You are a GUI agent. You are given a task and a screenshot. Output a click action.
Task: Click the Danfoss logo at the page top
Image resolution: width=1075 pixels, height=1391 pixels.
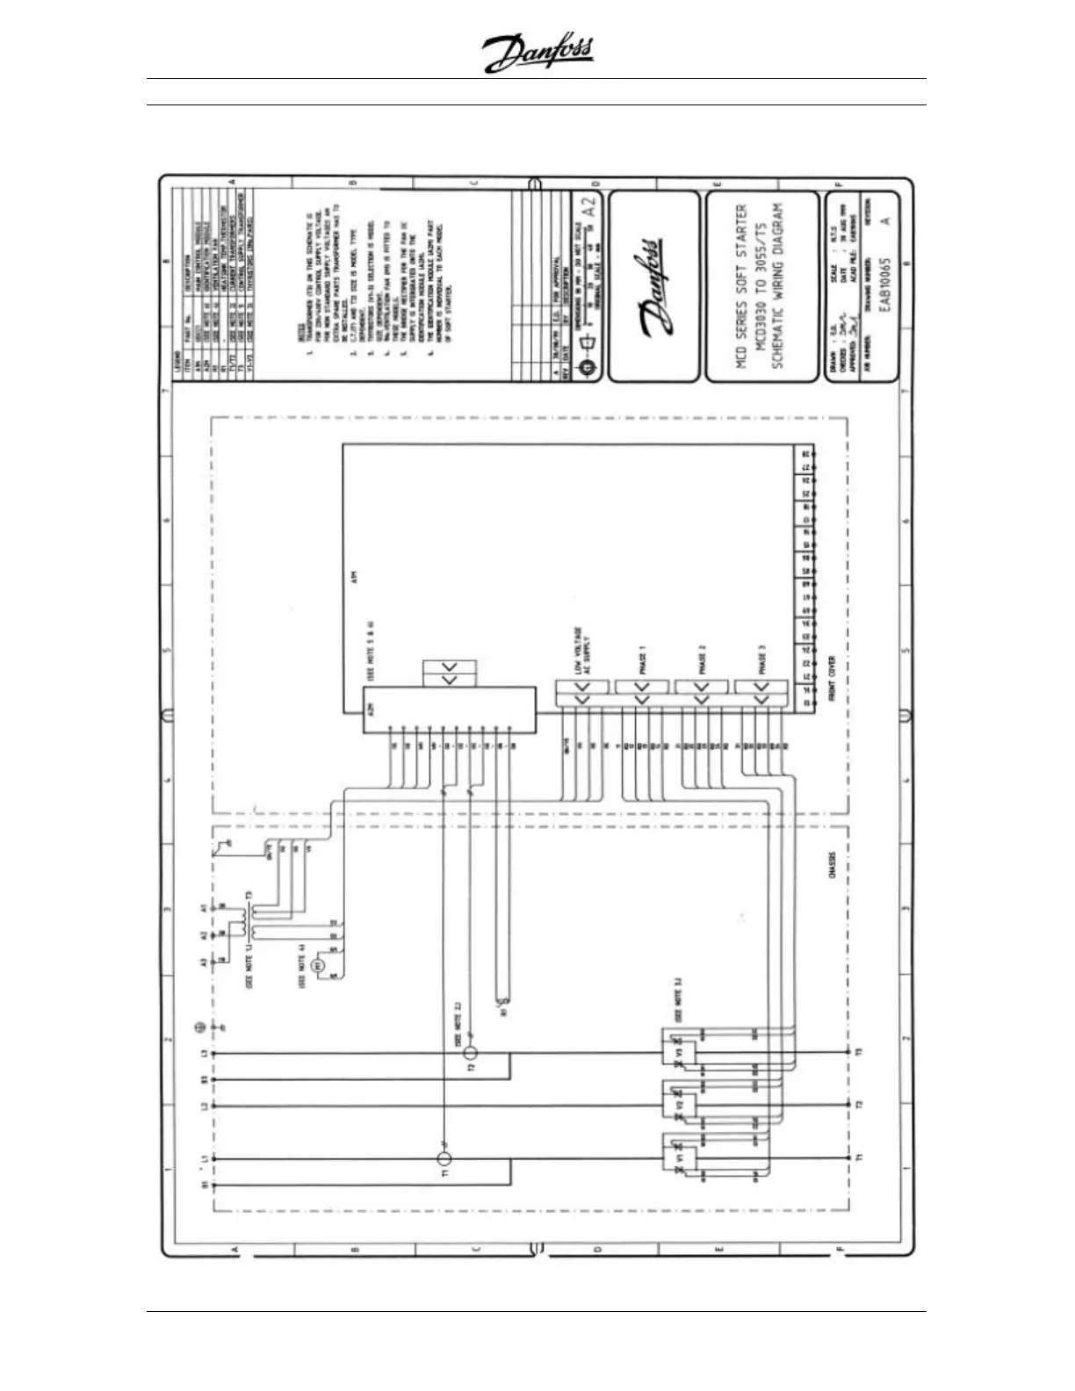click(x=538, y=54)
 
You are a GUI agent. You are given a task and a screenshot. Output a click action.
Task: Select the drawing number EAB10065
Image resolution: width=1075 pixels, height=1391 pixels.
click(x=885, y=285)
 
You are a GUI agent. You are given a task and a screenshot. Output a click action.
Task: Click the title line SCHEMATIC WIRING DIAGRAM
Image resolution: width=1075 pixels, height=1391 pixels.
click(x=777, y=287)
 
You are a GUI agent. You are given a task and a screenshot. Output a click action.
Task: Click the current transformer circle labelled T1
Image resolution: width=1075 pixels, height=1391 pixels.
click(x=444, y=1159)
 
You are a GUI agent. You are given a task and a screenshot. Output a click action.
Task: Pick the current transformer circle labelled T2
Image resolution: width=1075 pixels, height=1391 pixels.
click(x=471, y=1053)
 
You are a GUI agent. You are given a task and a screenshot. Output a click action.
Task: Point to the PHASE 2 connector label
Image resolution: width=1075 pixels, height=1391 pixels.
click(x=702, y=659)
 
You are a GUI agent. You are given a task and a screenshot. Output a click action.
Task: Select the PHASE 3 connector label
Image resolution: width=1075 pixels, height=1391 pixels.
click(x=761, y=659)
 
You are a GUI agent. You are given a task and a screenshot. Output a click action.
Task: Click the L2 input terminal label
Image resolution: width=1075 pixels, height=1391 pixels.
click(x=205, y=1106)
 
